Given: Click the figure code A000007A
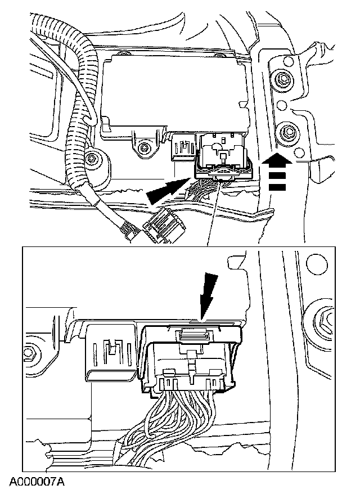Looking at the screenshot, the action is coord(37,482).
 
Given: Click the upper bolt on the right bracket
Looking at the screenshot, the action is coord(280,79).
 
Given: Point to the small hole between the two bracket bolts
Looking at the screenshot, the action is coord(282,105).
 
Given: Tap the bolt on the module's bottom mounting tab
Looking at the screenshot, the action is coord(144,147).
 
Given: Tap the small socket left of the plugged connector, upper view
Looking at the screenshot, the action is coord(183,147).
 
